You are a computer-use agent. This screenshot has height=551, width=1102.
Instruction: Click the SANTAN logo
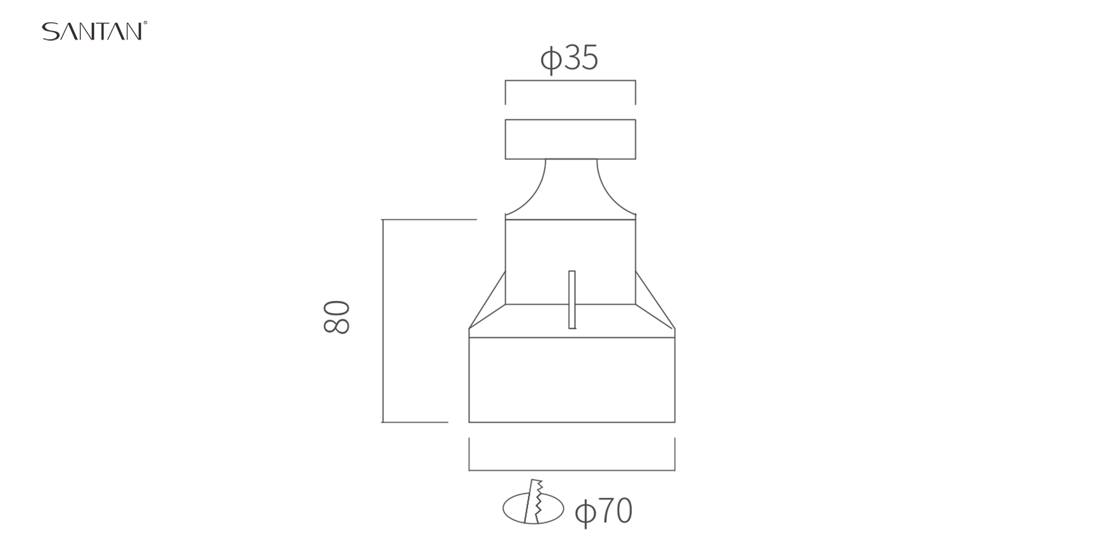pyautogui.click(x=94, y=31)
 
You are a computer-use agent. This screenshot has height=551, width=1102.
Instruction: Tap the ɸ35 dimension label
pyautogui.click(x=569, y=58)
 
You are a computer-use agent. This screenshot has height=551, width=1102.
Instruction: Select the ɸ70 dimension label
pyautogui.click(x=603, y=511)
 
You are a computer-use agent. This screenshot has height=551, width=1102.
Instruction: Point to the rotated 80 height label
pyautogui.click(x=336, y=317)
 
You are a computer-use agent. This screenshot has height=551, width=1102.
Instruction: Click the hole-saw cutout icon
pyautogui.click(x=533, y=503)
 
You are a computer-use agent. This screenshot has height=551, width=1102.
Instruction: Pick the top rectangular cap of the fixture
pyautogui.click(x=570, y=139)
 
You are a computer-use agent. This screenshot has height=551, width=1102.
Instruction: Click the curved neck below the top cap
pyautogui.click(x=571, y=189)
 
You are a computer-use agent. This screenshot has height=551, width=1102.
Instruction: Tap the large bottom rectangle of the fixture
pyautogui.click(x=572, y=379)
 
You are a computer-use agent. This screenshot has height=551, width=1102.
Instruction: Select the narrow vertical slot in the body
pyautogui.click(x=572, y=300)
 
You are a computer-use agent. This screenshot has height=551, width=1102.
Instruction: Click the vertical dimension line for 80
pyautogui.click(x=383, y=321)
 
